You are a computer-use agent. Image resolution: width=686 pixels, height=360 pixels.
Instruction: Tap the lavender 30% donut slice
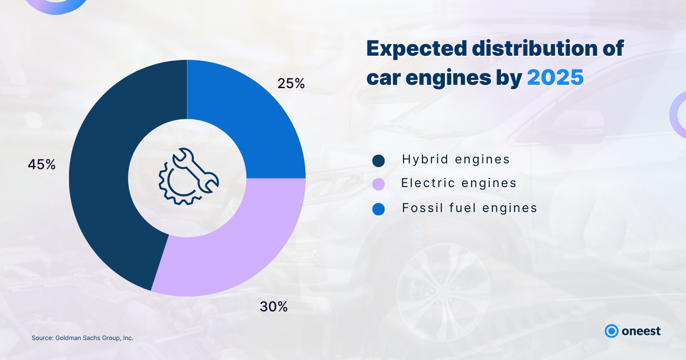pos(233,254)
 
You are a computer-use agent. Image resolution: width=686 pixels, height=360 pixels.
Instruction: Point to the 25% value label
pos(291,84)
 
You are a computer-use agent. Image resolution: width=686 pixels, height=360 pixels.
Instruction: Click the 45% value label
pos(42,165)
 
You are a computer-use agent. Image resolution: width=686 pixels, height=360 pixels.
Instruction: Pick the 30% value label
pos(274,307)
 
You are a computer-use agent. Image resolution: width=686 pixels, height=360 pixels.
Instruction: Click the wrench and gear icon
pos(188,176)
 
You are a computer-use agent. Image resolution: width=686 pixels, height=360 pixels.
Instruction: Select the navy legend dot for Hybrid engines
pos(378,160)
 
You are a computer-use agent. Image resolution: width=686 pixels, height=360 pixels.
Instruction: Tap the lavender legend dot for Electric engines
pos(378,184)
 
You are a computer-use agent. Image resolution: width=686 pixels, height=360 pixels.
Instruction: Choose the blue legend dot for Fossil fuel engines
pos(378,209)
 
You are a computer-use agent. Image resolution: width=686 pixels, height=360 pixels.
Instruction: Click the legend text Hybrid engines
pos(456,160)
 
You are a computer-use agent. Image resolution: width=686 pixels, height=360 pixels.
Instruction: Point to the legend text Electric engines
pos(459,183)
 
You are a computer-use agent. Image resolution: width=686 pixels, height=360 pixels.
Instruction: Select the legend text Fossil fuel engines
pos(469,208)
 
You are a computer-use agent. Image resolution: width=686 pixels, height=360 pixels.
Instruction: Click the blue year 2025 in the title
pos(555,78)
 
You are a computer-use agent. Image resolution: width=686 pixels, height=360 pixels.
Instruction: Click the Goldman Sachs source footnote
pos(82,338)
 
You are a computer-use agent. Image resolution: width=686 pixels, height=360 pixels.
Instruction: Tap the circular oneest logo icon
pos(612,331)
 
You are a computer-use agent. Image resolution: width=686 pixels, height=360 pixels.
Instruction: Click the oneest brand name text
pos(641,331)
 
